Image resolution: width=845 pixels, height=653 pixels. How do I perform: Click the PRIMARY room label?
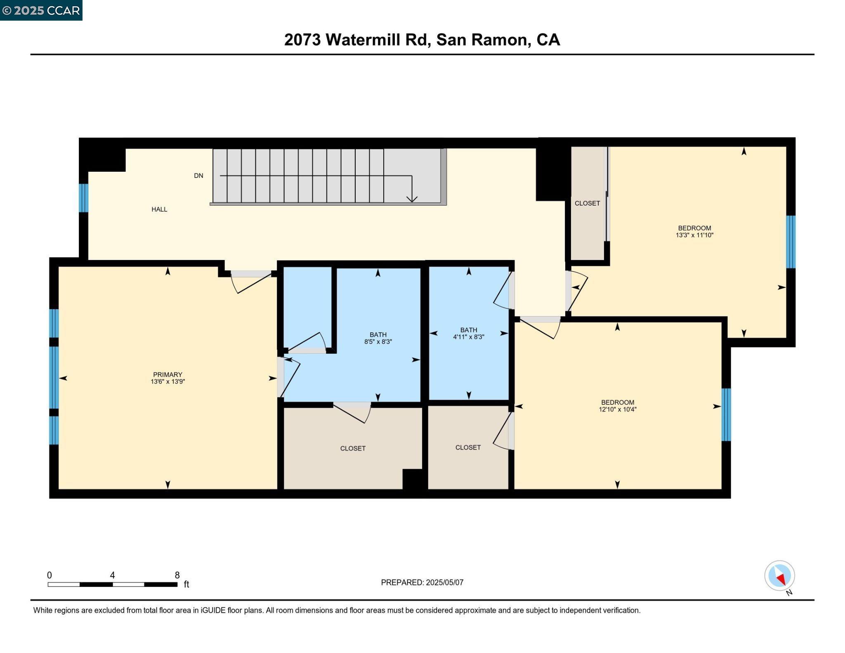point(168,375)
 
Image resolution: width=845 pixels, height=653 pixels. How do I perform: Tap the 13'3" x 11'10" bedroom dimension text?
point(694,235)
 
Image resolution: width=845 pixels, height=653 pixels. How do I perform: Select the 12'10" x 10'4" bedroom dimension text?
point(617,409)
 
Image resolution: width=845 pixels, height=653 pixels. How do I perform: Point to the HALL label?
point(159,209)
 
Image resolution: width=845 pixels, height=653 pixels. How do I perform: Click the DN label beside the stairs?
point(198,175)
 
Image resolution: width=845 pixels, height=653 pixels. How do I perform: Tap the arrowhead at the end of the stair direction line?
point(412,199)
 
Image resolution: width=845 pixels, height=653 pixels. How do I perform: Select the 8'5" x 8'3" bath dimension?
point(378,342)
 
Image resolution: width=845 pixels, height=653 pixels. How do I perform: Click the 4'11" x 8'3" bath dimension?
point(468,337)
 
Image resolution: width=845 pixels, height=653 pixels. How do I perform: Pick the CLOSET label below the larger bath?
point(353,448)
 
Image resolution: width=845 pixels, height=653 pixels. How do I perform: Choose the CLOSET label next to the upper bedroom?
point(587,203)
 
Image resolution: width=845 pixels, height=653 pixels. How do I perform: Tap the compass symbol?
point(779,575)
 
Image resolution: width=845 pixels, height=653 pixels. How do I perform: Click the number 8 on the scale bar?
point(177,575)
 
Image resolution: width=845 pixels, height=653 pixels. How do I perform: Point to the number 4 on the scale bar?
point(112,575)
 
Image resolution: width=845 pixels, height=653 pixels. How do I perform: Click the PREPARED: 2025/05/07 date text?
point(422,582)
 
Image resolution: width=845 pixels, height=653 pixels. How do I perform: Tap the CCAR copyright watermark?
point(41,10)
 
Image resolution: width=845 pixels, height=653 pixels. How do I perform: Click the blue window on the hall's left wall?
point(83,198)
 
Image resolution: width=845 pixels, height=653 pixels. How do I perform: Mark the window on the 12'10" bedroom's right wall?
point(726,414)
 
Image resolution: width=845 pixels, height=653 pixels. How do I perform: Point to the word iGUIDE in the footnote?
point(213,610)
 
